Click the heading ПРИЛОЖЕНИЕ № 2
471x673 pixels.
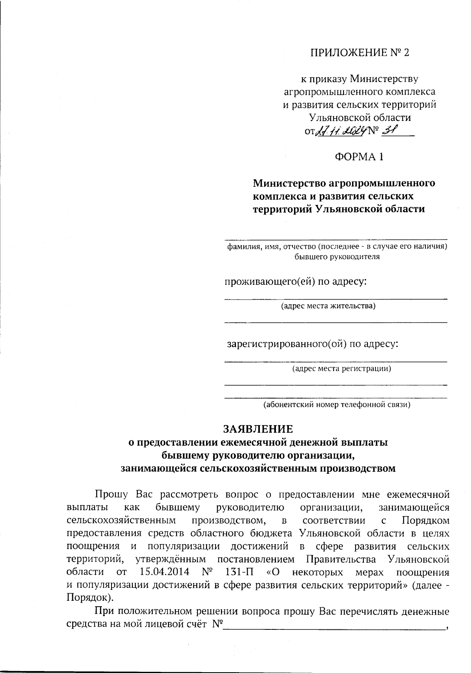pos(360,53)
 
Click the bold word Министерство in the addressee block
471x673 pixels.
pos(289,183)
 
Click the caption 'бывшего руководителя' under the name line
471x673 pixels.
pos(337,257)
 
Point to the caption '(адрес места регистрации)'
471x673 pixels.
pos(341,368)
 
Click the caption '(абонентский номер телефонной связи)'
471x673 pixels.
pos(336,404)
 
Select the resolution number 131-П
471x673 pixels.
pos(240,571)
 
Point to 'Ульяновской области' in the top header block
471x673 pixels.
pos(360,117)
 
